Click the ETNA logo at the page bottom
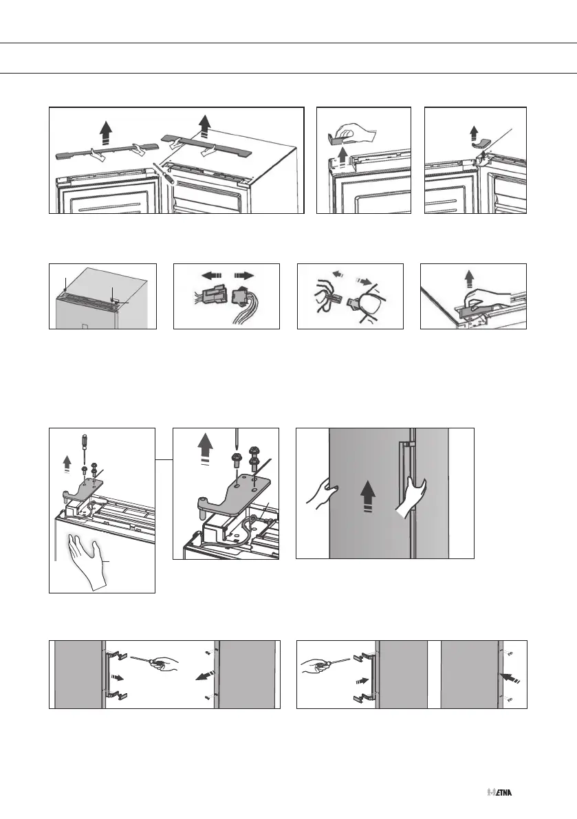499,792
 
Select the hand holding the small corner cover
357,133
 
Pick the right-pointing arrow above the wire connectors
244,275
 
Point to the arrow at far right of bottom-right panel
511,679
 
